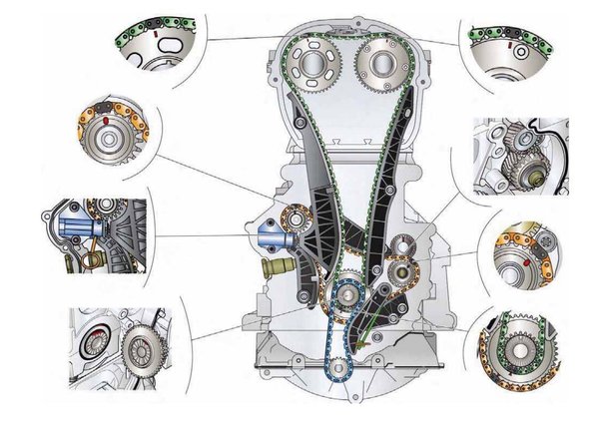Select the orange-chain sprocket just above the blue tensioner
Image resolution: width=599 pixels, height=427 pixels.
[298, 219]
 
